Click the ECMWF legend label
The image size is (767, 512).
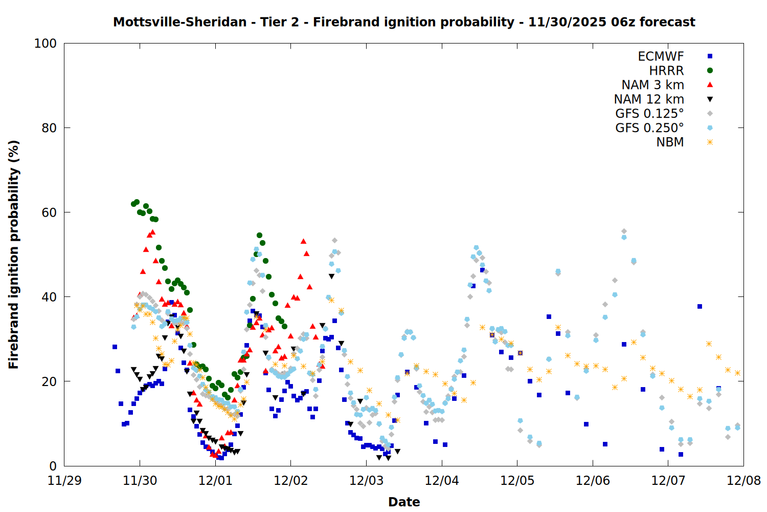click(x=661, y=56)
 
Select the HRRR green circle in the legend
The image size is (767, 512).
click(x=710, y=71)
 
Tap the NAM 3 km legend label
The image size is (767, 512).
click(x=652, y=85)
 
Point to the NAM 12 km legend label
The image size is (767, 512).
click(x=649, y=99)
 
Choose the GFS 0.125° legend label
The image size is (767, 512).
click(x=649, y=114)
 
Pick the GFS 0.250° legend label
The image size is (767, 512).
click(x=649, y=128)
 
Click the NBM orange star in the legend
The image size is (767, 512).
click(x=710, y=142)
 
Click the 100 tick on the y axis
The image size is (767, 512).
click(x=46, y=44)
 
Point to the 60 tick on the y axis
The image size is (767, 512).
click(x=49, y=212)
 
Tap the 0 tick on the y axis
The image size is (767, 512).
click(x=53, y=466)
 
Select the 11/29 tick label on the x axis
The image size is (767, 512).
click(x=64, y=481)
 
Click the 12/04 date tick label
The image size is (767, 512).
click(x=442, y=481)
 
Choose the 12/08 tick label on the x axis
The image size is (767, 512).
click(x=743, y=481)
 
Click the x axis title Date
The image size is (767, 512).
click(x=404, y=502)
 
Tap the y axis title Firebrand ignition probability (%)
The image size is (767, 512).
click(x=14, y=254)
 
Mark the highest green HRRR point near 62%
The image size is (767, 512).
click(x=137, y=202)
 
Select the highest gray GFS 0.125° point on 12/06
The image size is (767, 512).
click(x=624, y=231)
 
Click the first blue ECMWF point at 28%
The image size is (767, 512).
click(x=115, y=347)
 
